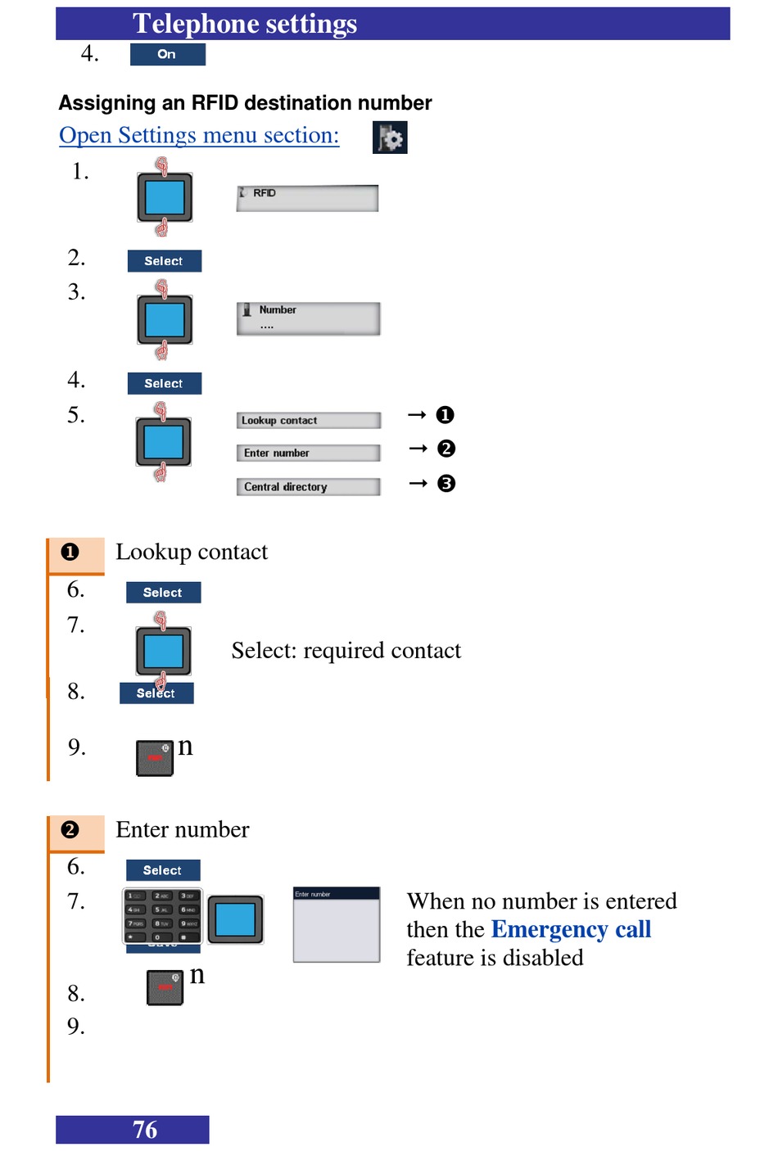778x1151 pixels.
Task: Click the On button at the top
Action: (x=167, y=54)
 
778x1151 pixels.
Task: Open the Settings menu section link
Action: (x=199, y=135)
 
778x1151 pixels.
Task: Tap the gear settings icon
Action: (x=390, y=138)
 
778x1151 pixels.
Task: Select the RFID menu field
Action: (x=307, y=198)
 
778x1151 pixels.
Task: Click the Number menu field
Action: (x=308, y=318)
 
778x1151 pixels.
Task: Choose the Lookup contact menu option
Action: (x=308, y=420)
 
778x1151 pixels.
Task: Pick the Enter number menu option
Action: (x=308, y=453)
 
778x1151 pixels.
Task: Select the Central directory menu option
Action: (x=308, y=486)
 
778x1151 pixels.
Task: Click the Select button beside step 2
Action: (x=164, y=261)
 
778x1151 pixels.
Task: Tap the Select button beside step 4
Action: (x=164, y=383)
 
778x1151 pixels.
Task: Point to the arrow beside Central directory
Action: (x=418, y=484)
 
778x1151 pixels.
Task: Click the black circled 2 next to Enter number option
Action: (x=446, y=449)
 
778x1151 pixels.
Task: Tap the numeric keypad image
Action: (x=162, y=915)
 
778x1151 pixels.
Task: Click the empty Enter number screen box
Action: (x=336, y=925)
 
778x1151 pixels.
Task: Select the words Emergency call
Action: (x=571, y=929)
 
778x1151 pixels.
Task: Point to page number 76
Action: (x=145, y=1130)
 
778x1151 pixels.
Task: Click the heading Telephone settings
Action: (x=245, y=24)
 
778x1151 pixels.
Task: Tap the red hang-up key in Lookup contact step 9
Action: (x=154, y=758)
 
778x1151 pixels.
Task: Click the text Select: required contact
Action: (x=346, y=651)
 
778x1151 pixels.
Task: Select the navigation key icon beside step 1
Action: (x=165, y=197)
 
